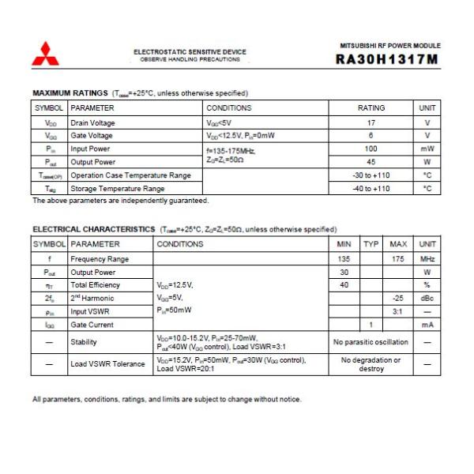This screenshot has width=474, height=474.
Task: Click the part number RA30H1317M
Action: [x=387, y=58]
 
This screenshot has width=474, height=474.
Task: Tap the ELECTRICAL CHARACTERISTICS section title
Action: [x=93, y=229]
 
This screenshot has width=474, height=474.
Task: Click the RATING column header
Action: [x=371, y=108]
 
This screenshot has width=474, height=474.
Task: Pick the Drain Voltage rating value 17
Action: [x=371, y=122]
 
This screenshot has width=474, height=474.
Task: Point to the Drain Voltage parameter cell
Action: [x=92, y=122]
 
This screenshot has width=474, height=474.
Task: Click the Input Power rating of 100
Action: [x=371, y=149]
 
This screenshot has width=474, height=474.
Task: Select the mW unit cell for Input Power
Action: [x=427, y=149]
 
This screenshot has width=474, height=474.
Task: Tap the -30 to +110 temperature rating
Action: [x=371, y=175]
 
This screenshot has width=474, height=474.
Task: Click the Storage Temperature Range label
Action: [x=118, y=189]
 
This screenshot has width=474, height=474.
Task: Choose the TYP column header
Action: [x=371, y=244]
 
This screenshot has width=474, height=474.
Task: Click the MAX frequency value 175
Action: [x=398, y=258]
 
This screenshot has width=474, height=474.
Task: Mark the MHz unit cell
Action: [x=427, y=258]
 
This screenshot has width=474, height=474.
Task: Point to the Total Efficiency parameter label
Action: [x=95, y=284]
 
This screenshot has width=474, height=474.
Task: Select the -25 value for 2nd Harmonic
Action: [x=398, y=299]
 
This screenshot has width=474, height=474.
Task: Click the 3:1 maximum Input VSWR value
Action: [x=398, y=311]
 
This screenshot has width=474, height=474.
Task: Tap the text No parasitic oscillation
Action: [x=371, y=342]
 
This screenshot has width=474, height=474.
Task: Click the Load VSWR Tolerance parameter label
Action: [x=107, y=364]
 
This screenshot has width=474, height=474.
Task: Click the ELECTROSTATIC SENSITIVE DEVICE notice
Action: [x=190, y=52]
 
